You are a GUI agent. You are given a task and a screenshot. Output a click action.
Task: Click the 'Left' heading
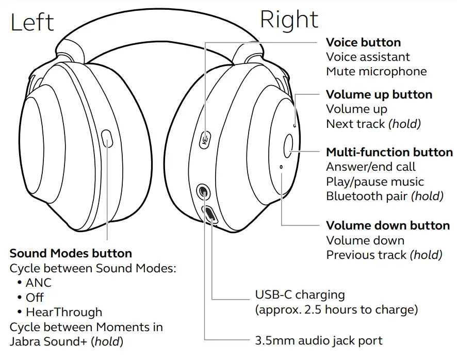(32, 22)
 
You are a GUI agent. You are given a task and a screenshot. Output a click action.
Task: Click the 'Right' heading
(289, 20)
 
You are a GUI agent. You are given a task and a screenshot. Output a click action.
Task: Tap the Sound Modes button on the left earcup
(107, 139)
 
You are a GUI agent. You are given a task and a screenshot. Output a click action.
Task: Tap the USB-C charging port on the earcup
(210, 214)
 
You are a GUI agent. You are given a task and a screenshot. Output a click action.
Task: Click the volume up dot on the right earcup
(294, 124)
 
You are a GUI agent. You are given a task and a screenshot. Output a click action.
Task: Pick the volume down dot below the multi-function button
(281, 167)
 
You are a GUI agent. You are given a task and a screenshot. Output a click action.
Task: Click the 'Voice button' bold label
(363, 42)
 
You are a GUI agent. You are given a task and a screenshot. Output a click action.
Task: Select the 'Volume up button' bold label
(379, 94)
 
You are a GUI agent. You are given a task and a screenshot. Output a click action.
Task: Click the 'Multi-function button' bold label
(389, 152)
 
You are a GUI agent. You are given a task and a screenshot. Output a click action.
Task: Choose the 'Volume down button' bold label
(388, 225)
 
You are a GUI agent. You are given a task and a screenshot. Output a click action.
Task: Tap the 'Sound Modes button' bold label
(71, 253)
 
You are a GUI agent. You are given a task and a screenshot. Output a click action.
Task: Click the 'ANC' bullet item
(39, 283)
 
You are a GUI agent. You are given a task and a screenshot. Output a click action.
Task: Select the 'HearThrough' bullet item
(64, 312)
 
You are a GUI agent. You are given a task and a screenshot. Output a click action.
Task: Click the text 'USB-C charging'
(300, 295)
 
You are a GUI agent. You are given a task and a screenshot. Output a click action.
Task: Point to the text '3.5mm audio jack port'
(319, 340)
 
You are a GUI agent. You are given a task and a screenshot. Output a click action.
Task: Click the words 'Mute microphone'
(377, 71)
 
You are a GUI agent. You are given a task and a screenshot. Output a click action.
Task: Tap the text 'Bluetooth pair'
(367, 196)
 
